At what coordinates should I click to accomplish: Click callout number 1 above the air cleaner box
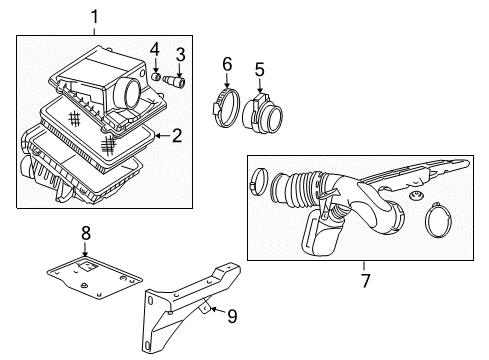95,16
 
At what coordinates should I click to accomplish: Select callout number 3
181,53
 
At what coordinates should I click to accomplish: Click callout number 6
227,65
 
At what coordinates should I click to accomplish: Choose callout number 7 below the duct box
365,281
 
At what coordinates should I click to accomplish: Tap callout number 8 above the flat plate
86,233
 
